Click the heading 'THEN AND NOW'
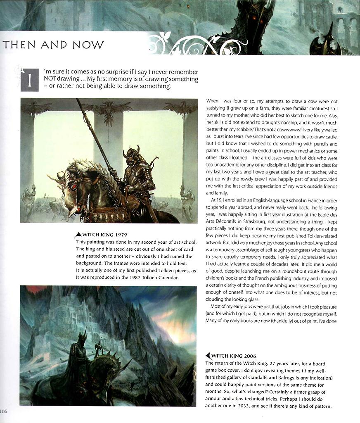[53, 45]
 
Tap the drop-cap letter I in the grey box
[29, 80]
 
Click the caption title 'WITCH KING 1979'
[102, 235]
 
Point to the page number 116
[3, 411]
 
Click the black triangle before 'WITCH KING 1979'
[78, 235]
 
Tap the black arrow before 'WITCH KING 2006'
[208, 356]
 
